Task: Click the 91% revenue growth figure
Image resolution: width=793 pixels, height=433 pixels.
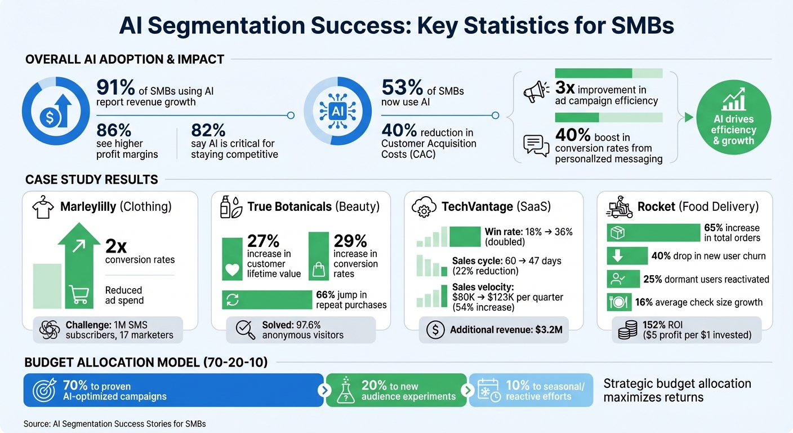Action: (115, 88)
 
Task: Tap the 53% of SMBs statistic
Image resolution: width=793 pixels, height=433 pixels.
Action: (402, 88)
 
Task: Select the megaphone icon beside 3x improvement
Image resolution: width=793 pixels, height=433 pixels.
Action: (536, 92)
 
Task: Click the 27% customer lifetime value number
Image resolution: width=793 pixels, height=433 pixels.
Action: (264, 241)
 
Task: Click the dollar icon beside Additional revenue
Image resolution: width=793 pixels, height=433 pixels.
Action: (435, 330)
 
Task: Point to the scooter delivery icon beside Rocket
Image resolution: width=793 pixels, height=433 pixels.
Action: (619, 206)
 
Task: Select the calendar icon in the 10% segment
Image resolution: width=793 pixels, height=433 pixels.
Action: (488, 390)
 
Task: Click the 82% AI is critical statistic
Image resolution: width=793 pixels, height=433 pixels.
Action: (208, 130)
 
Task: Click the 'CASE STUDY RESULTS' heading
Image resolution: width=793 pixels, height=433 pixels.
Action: (91, 180)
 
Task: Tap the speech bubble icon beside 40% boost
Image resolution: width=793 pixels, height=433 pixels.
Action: (536, 145)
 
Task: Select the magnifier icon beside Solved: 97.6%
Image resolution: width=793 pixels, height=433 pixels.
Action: (244, 329)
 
